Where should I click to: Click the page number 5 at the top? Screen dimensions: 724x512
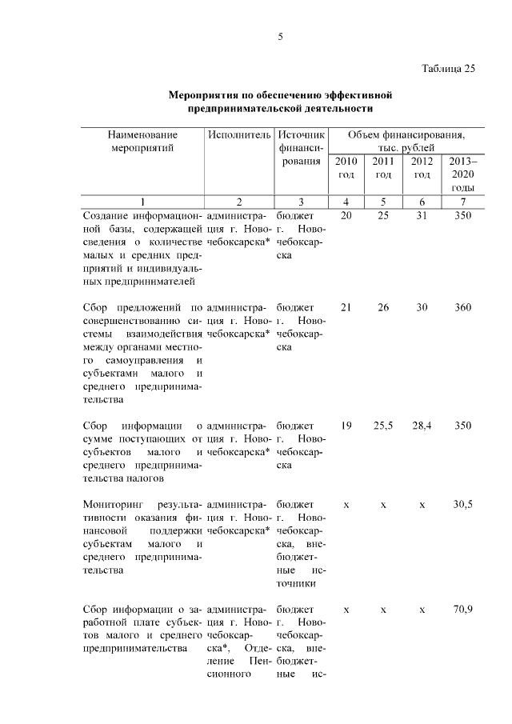(x=280, y=36)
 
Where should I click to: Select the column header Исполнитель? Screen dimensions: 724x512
(x=239, y=134)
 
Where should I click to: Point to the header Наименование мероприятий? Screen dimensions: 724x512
(x=143, y=141)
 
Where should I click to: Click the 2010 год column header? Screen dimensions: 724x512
(x=346, y=168)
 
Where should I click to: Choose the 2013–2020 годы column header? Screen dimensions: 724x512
(x=462, y=174)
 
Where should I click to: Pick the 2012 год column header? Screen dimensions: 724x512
(x=422, y=168)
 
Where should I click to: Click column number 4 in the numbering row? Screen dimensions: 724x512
(x=346, y=202)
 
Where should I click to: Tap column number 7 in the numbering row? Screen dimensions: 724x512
(x=462, y=202)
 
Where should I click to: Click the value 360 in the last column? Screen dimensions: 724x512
(x=462, y=307)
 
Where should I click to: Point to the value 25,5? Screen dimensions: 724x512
(x=383, y=426)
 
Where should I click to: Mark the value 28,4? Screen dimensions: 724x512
(x=422, y=426)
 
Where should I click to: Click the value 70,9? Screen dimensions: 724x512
(x=462, y=610)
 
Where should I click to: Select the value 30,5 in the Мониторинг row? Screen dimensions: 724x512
(x=462, y=505)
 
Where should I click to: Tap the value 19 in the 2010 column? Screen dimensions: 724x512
(x=346, y=426)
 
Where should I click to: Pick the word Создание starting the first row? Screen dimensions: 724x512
(x=106, y=216)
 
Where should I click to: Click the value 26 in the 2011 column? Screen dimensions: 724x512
(x=383, y=307)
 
